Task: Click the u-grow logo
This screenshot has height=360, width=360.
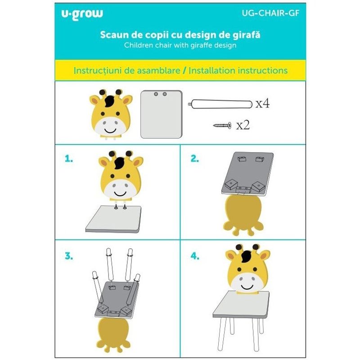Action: pyautogui.click(x=82, y=14)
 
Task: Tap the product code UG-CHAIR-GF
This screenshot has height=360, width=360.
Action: pyautogui.click(x=270, y=13)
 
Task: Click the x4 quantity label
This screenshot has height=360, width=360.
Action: pyautogui.click(x=263, y=103)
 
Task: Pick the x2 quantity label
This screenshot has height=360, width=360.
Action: pyautogui.click(x=243, y=125)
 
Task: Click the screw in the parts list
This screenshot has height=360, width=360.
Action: pyautogui.click(x=222, y=126)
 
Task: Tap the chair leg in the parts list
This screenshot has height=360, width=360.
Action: pyautogui.click(x=220, y=104)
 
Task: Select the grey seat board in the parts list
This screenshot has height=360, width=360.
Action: pyautogui.click(x=161, y=114)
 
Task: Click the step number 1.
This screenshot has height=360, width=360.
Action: pyautogui.click(x=69, y=158)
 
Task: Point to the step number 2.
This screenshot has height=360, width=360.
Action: pyautogui.click(x=195, y=158)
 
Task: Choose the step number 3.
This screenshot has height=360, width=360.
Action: pyautogui.click(x=69, y=256)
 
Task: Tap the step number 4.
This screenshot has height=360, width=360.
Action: pyautogui.click(x=195, y=256)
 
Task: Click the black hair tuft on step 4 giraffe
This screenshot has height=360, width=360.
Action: pyautogui.click(x=246, y=256)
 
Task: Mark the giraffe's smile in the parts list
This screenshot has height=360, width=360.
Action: pyautogui.click(x=110, y=131)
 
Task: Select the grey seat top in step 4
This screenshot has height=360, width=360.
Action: pyautogui.click(x=241, y=305)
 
